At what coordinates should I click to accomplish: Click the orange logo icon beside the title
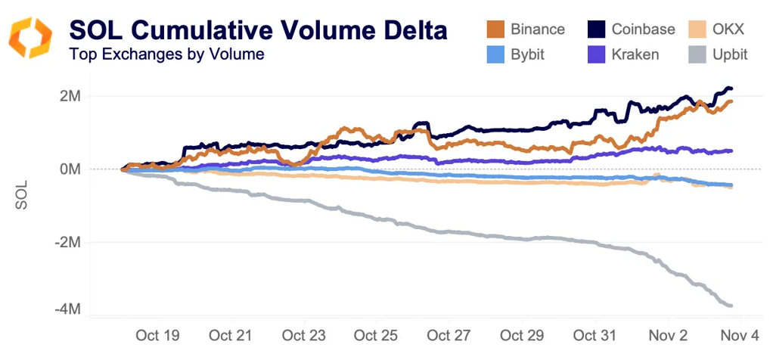(x=31, y=38)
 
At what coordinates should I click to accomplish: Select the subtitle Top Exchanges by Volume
(x=166, y=54)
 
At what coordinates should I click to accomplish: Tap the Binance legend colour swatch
(x=495, y=29)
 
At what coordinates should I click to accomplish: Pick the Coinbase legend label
(x=643, y=29)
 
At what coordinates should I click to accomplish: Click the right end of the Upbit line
(x=731, y=306)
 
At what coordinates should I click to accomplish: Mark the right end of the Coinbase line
(x=731, y=89)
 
